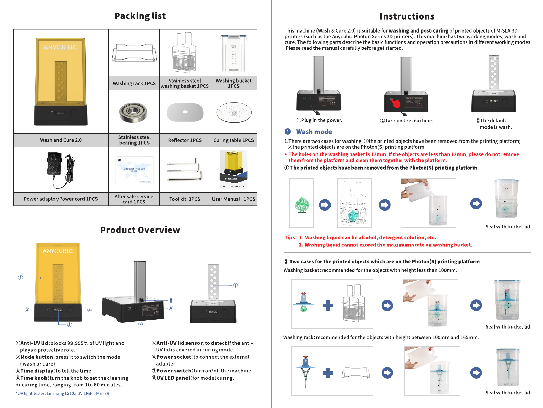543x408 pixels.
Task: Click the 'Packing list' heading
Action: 140,16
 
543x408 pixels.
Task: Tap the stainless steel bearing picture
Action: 133,112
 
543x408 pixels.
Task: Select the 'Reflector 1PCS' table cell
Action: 185,140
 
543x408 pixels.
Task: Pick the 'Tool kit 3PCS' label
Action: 185,199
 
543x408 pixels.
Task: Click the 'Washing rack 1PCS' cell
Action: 134,83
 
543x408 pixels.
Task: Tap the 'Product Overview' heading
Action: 140,230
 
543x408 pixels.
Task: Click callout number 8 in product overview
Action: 235,285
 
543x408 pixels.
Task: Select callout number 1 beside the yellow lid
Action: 21,277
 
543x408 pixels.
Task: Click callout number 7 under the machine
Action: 140,324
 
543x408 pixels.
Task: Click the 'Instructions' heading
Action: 407,16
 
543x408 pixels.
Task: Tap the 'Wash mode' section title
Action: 314,132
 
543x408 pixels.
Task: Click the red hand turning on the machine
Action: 396,103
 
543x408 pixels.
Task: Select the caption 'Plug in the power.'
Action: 319,120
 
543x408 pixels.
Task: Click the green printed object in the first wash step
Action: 302,205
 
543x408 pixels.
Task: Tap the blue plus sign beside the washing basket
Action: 328,305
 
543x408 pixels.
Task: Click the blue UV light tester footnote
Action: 63,393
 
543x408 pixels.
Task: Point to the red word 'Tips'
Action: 290,238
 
